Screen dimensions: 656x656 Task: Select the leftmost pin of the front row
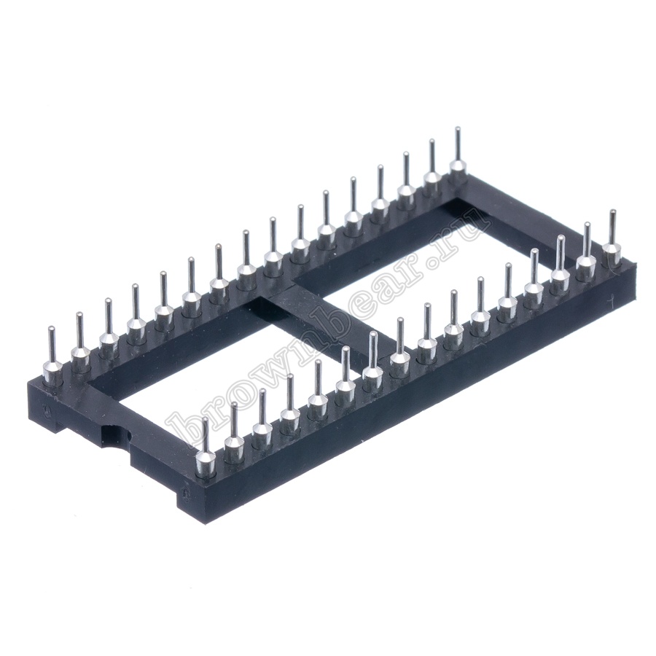point(206,448)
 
